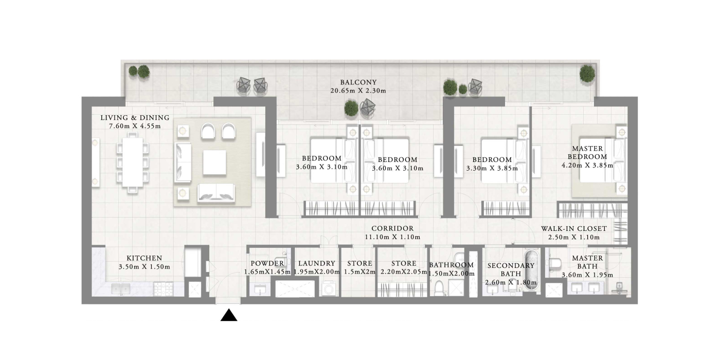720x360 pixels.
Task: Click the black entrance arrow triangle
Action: [229, 316]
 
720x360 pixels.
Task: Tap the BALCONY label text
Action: [358, 82]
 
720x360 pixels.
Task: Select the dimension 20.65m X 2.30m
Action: [358, 91]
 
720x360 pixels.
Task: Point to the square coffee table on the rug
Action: [214, 163]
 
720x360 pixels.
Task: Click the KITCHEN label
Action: [145, 258]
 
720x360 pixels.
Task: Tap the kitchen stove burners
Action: [163, 289]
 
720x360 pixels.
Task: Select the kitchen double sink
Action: [121, 289]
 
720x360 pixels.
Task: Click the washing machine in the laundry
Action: [329, 289]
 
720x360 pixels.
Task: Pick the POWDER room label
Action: [267, 263]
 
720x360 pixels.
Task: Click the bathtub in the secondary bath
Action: [531, 271]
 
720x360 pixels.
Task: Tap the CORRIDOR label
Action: [392, 228]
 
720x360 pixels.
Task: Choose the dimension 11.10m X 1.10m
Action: [392, 237]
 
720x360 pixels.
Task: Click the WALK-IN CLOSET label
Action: [574, 228]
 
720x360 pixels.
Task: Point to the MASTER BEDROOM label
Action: [587, 153]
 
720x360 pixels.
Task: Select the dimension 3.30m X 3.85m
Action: [492, 168]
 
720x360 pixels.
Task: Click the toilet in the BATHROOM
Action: [439, 288]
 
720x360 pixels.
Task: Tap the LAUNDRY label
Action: [317, 263]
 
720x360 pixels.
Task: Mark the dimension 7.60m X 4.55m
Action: [135, 127]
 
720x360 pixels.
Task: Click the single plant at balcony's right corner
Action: [587, 74]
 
